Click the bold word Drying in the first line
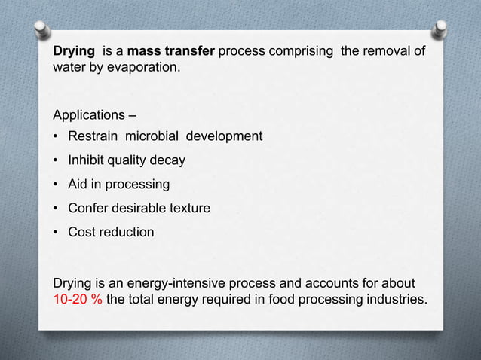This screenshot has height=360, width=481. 73,53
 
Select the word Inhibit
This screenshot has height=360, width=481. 86,160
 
